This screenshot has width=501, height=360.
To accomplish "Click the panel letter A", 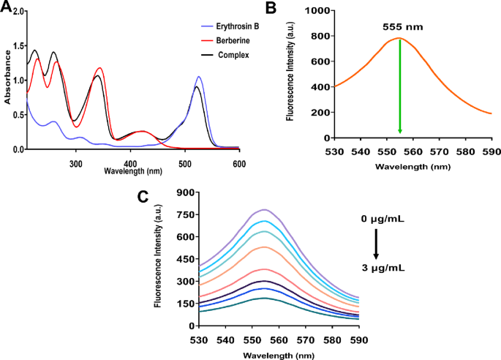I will (6, 7).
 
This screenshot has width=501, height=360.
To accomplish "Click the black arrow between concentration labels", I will (375, 244).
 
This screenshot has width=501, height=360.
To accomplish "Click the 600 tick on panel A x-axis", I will (239, 157).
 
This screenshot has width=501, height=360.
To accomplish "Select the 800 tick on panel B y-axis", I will (320, 36).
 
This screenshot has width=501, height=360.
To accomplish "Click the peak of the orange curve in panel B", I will (399, 38).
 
